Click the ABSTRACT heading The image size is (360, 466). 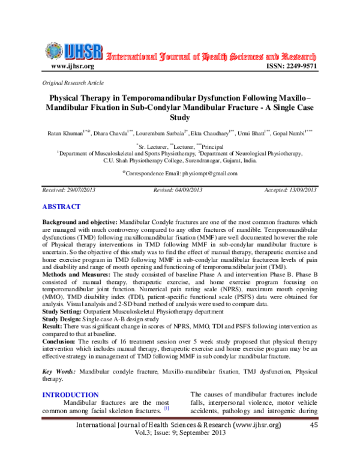(61, 207)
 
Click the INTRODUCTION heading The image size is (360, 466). (70, 395)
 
